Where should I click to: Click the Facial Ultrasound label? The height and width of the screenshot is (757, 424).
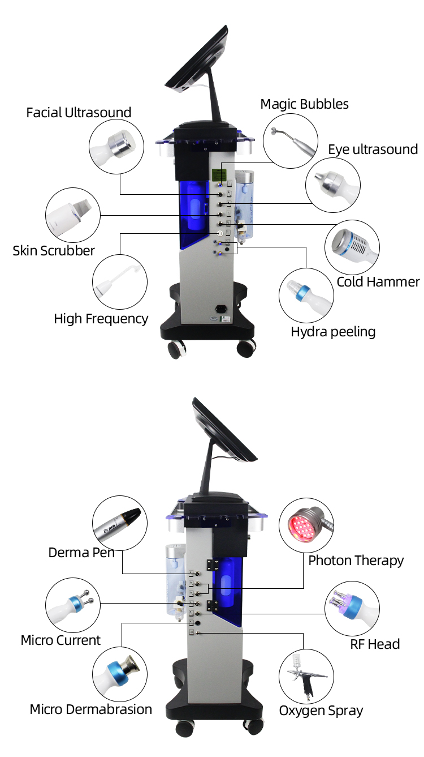click(x=79, y=112)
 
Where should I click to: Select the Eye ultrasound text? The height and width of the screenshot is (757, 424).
click(x=373, y=149)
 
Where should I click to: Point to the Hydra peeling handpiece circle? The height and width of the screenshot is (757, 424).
click(x=306, y=295)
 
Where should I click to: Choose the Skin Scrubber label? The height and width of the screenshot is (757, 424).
click(x=54, y=250)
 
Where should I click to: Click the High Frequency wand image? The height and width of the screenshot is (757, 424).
click(x=119, y=281)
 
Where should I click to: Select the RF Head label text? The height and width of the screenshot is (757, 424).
click(x=375, y=644)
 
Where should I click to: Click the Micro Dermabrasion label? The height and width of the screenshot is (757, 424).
click(x=91, y=709)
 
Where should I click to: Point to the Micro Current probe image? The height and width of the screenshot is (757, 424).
click(x=72, y=605)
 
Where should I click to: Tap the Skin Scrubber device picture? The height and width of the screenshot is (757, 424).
click(x=72, y=216)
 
